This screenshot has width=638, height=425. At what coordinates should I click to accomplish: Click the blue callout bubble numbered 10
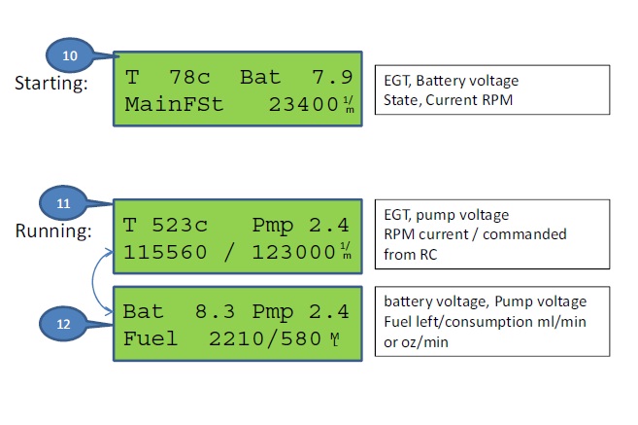(70, 55)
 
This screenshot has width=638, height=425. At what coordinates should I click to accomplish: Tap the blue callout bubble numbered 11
(63, 203)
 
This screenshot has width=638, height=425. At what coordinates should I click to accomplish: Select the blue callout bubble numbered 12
(63, 324)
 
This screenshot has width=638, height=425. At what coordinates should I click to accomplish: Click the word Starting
(51, 84)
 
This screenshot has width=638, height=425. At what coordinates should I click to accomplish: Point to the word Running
(53, 230)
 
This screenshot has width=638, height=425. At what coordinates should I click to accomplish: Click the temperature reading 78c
(189, 77)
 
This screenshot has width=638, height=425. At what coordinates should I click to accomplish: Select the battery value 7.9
(332, 77)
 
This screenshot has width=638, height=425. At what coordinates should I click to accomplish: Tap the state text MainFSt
(174, 104)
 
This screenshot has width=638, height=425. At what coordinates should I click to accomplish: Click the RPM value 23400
(304, 105)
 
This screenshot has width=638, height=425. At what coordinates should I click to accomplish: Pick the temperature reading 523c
(180, 225)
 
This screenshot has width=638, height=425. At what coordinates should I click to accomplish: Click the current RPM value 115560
(165, 252)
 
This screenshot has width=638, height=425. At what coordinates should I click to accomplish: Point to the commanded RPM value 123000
(293, 252)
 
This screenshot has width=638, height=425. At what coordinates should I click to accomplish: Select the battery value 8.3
(215, 312)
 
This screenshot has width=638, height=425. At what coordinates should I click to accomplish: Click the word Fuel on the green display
(151, 338)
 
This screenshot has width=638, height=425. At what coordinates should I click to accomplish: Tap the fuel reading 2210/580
(265, 339)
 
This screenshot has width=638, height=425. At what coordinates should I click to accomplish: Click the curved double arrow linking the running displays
(93, 281)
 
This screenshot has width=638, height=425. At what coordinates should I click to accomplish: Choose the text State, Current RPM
(448, 100)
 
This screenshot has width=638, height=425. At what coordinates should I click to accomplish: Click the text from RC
(410, 255)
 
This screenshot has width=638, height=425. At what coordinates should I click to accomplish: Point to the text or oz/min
(416, 342)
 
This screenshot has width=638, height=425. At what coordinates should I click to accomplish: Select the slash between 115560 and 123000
(229, 252)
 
